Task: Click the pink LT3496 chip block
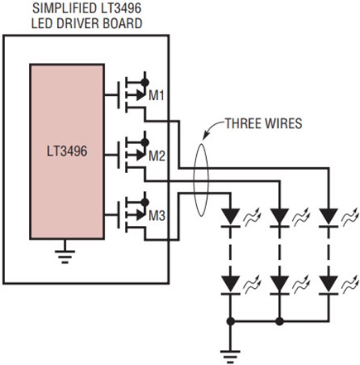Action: (67, 151)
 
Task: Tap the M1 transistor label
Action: (156, 96)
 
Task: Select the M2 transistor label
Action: (156, 156)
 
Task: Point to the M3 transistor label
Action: (156, 216)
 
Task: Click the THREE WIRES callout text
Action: (264, 123)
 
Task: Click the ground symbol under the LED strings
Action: (230, 357)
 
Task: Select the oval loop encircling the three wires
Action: (194, 180)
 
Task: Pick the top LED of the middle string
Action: (280, 218)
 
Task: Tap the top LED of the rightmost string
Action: (329, 218)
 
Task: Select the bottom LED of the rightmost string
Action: (329, 286)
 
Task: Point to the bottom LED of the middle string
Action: (280, 286)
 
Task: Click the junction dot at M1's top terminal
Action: (145, 82)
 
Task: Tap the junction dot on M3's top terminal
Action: (145, 202)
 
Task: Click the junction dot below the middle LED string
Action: (280, 321)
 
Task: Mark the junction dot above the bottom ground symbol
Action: (231, 321)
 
